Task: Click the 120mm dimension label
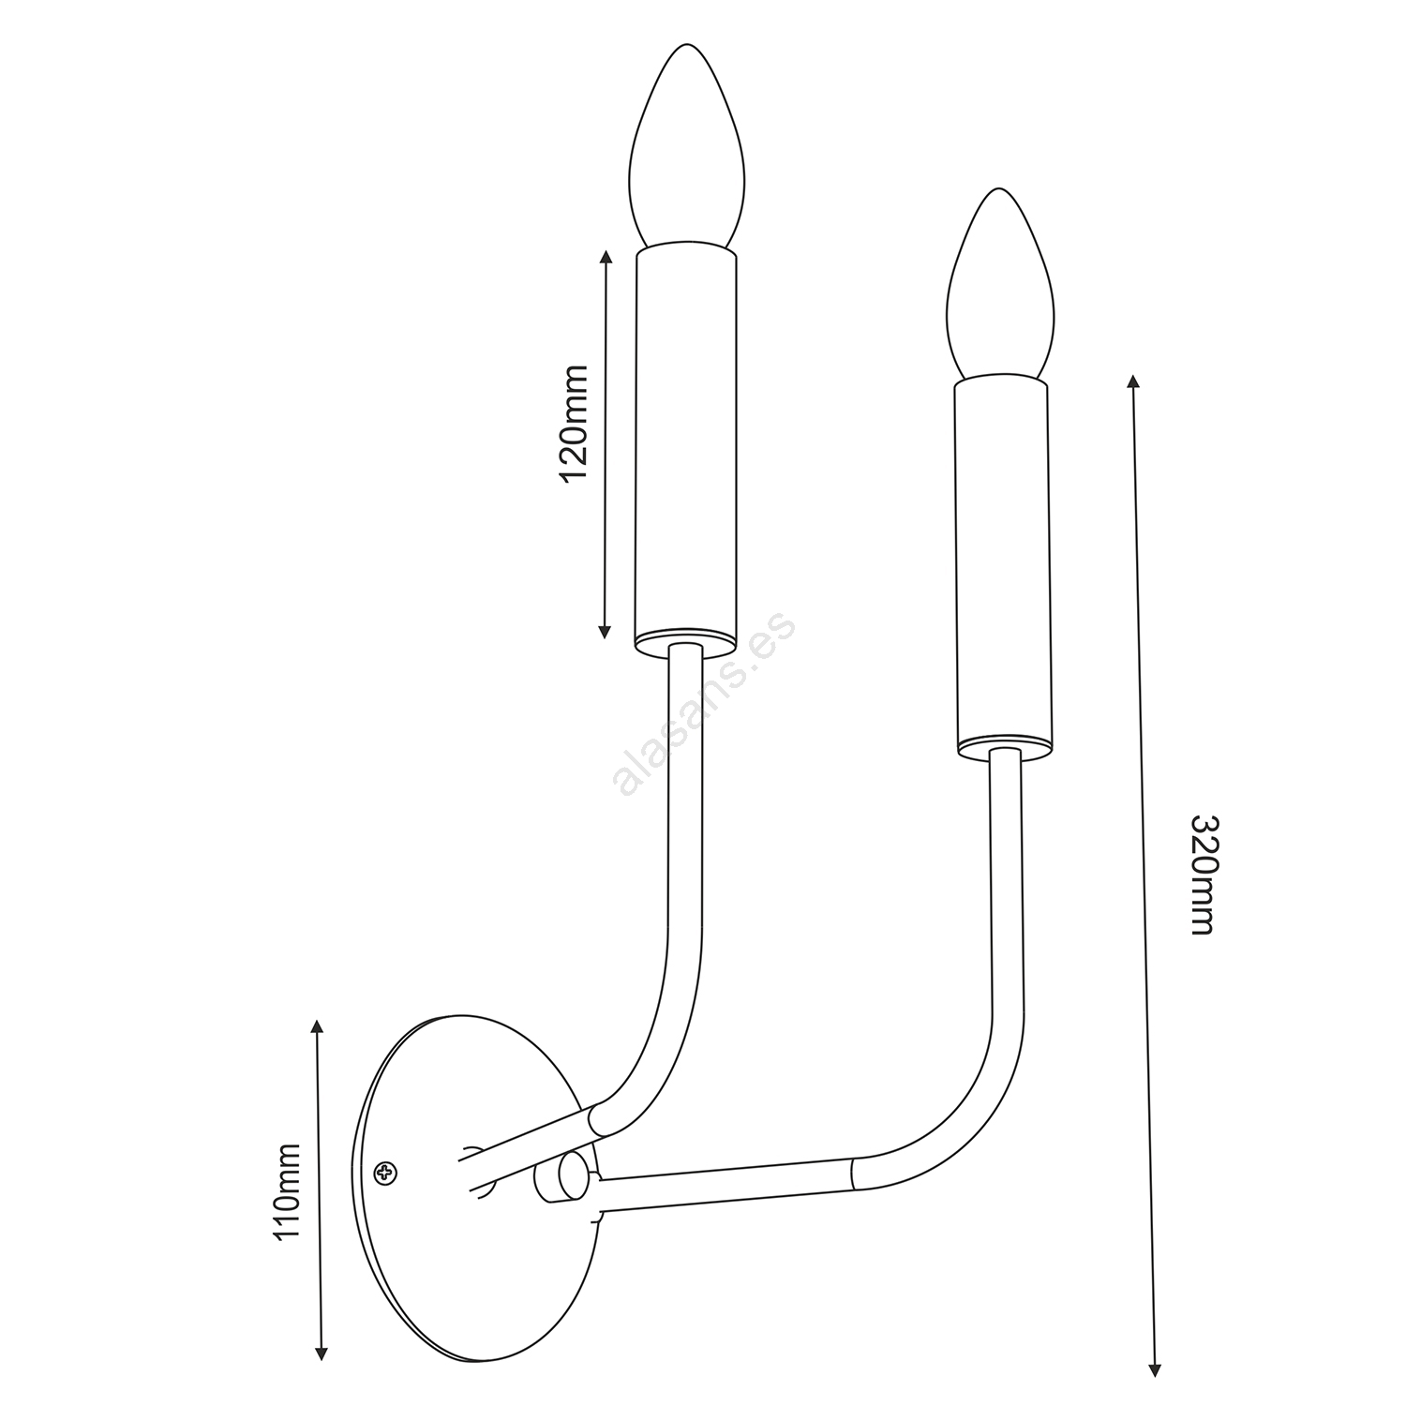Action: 573,424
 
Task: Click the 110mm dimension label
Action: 285,1190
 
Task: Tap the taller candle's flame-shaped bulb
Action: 686,150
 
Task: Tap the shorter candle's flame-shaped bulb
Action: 1001,286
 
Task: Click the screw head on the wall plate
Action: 385,1171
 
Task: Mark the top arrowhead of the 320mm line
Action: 1133,381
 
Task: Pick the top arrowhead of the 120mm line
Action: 606,257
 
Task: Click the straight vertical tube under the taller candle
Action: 685,797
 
